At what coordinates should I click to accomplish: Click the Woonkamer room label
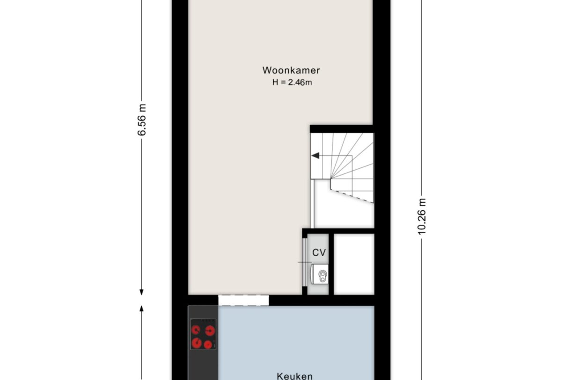pyautogui.click(x=291, y=71)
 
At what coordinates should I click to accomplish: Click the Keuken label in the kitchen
pyautogui.click(x=294, y=375)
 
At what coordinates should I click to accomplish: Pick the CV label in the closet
pyautogui.click(x=319, y=252)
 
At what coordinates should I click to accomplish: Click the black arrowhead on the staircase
pyautogui.click(x=315, y=156)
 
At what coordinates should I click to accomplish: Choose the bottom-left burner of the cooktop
pyautogui.click(x=196, y=343)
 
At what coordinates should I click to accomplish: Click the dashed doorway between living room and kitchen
pyautogui.click(x=243, y=300)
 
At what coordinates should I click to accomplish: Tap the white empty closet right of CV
pyautogui.click(x=354, y=264)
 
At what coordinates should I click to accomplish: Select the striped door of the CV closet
pyautogui.click(x=304, y=262)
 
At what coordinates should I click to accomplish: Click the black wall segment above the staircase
pyautogui.click(x=341, y=129)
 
